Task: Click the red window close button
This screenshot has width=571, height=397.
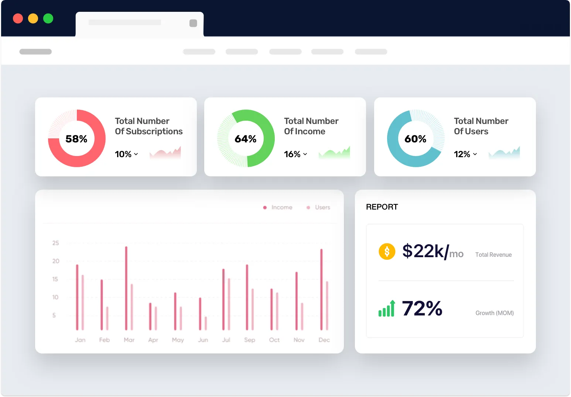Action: coord(18,18)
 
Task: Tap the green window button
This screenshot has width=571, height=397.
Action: coord(48,18)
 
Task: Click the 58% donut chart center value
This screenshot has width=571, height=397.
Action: coord(76,139)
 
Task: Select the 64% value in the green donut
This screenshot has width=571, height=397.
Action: coord(246,139)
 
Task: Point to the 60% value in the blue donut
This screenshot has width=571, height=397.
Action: coord(416,139)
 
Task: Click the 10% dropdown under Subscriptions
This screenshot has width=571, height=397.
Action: coord(126,154)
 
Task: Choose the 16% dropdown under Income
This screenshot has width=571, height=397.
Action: coord(295,154)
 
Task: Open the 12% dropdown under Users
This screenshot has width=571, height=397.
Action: coord(465,154)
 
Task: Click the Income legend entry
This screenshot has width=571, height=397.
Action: coord(278,207)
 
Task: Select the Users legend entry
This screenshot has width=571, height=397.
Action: coord(319,207)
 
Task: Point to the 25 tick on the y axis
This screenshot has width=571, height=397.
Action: coord(56,243)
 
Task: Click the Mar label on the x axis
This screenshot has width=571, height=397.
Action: coord(129,340)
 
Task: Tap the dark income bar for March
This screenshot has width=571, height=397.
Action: coord(126,288)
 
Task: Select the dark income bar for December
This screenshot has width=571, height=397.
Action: coord(321,289)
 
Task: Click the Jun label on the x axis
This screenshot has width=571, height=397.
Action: coord(203,340)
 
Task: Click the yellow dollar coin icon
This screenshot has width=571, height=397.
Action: coord(387,252)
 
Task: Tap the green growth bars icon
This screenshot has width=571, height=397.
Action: coord(387,309)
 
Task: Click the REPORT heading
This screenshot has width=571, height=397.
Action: coord(382,207)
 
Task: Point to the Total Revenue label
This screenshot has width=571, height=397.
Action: coord(493,255)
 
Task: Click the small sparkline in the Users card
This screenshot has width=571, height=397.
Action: coord(504,153)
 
